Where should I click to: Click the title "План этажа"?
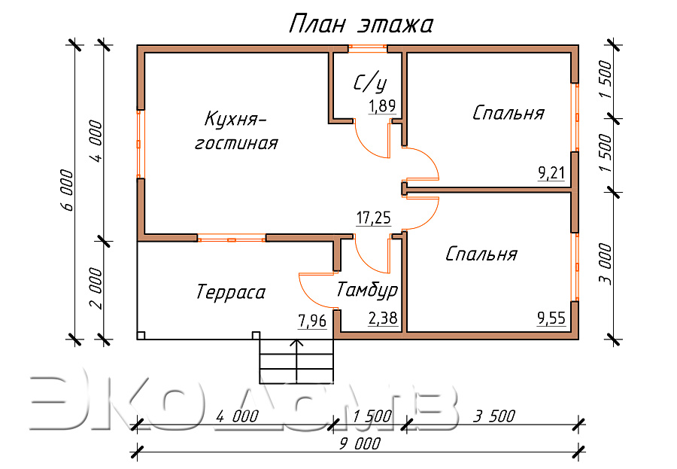[360, 24]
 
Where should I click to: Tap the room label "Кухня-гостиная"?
[237, 130]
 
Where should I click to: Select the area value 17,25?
[373, 218]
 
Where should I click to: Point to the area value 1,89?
[381, 106]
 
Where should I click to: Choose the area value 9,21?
[551, 173]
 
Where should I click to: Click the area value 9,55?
[551, 318]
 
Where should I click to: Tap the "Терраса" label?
[231, 292]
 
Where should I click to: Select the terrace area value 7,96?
[312, 321]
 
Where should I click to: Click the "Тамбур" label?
[367, 290]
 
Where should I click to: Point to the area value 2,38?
[383, 318]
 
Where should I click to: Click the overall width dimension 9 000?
[360, 444]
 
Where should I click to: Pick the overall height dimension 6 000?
[67, 190]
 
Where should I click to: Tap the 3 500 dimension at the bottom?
[494, 416]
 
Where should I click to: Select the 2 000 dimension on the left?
[96, 288]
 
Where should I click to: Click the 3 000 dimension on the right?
[606, 264]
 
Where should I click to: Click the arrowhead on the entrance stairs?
[296, 343]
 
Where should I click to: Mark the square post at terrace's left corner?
[141, 336]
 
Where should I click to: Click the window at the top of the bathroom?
[367, 49]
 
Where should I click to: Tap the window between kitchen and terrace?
[232, 238]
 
